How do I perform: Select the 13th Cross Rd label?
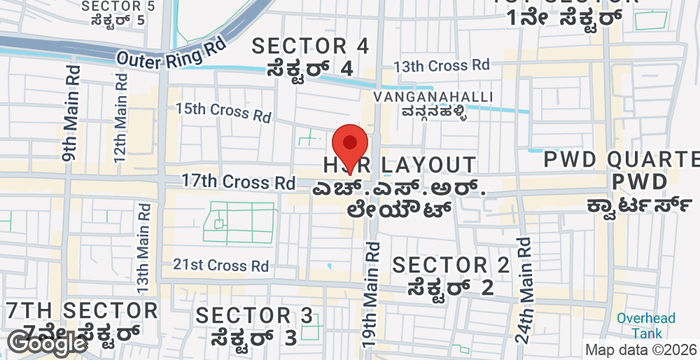441,65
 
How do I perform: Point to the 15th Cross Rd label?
223,112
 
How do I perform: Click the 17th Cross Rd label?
238,182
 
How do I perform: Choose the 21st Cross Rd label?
221,265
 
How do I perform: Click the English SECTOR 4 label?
310,45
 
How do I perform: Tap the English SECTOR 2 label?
450,265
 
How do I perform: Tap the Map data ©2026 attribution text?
640,350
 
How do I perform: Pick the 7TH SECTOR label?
80,310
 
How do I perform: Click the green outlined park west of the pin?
239,223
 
